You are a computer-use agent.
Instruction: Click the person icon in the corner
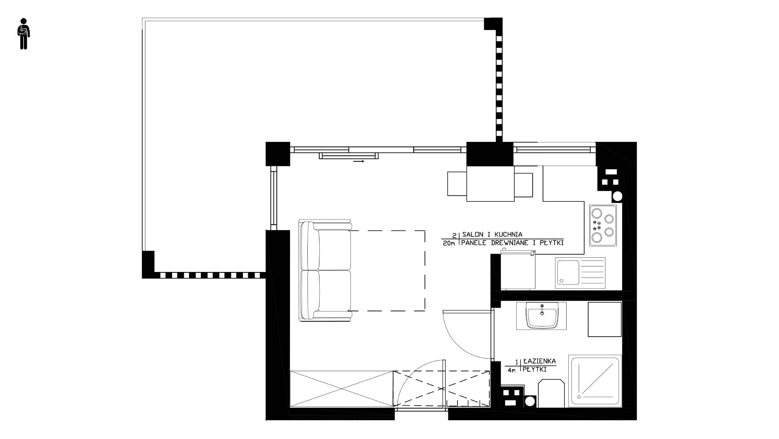tap(23, 34)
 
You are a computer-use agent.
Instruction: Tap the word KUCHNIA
tap(508, 234)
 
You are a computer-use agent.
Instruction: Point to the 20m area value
tap(449, 243)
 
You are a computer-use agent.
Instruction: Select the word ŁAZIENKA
tap(540, 361)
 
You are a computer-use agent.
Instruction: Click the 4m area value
tap(511, 370)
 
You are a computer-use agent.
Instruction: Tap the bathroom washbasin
tap(541, 316)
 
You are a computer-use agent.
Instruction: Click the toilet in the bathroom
tap(551, 393)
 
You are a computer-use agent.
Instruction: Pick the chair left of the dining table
tap(457, 184)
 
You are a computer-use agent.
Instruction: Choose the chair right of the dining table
tap(524, 185)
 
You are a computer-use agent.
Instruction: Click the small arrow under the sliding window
tap(358, 161)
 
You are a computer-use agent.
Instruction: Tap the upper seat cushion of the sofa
tap(335, 250)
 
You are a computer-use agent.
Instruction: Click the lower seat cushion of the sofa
tap(335, 290)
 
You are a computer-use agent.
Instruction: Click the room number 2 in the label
tap(454, 235)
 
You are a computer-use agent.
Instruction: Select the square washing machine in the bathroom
tap(605, 319)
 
